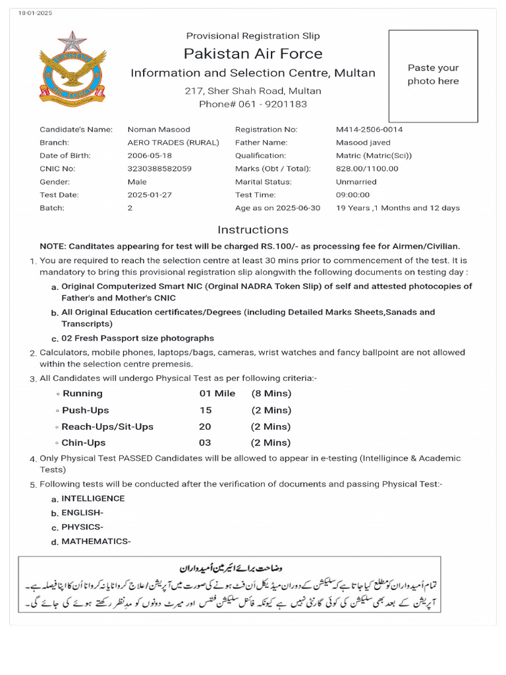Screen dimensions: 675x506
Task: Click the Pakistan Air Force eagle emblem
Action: point(72,67)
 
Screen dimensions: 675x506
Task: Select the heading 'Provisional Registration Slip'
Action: point(253,36)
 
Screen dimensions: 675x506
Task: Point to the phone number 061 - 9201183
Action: point(253,104)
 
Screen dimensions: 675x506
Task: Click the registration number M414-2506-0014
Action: point(369,130)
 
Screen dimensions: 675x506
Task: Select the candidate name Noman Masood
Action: point(158,130)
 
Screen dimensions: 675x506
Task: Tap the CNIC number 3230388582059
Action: point(159,169)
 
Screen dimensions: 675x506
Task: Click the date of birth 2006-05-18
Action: point(150,156)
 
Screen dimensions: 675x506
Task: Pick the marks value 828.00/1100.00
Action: point(367,169)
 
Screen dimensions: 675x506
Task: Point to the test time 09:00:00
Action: point(352,195)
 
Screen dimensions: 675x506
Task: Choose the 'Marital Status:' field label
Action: point(263,182)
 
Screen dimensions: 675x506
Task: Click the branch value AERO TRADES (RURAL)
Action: point(173,142)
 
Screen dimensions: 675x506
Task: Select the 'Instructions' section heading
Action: point(253,230)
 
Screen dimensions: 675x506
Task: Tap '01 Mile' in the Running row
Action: point(217,394)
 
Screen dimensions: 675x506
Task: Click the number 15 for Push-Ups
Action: point(206,411)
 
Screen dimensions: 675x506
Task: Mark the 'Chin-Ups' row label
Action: point(83,443)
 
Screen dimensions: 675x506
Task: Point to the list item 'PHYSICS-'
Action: point(82,527)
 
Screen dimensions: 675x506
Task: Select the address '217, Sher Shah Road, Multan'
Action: point(253,91)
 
